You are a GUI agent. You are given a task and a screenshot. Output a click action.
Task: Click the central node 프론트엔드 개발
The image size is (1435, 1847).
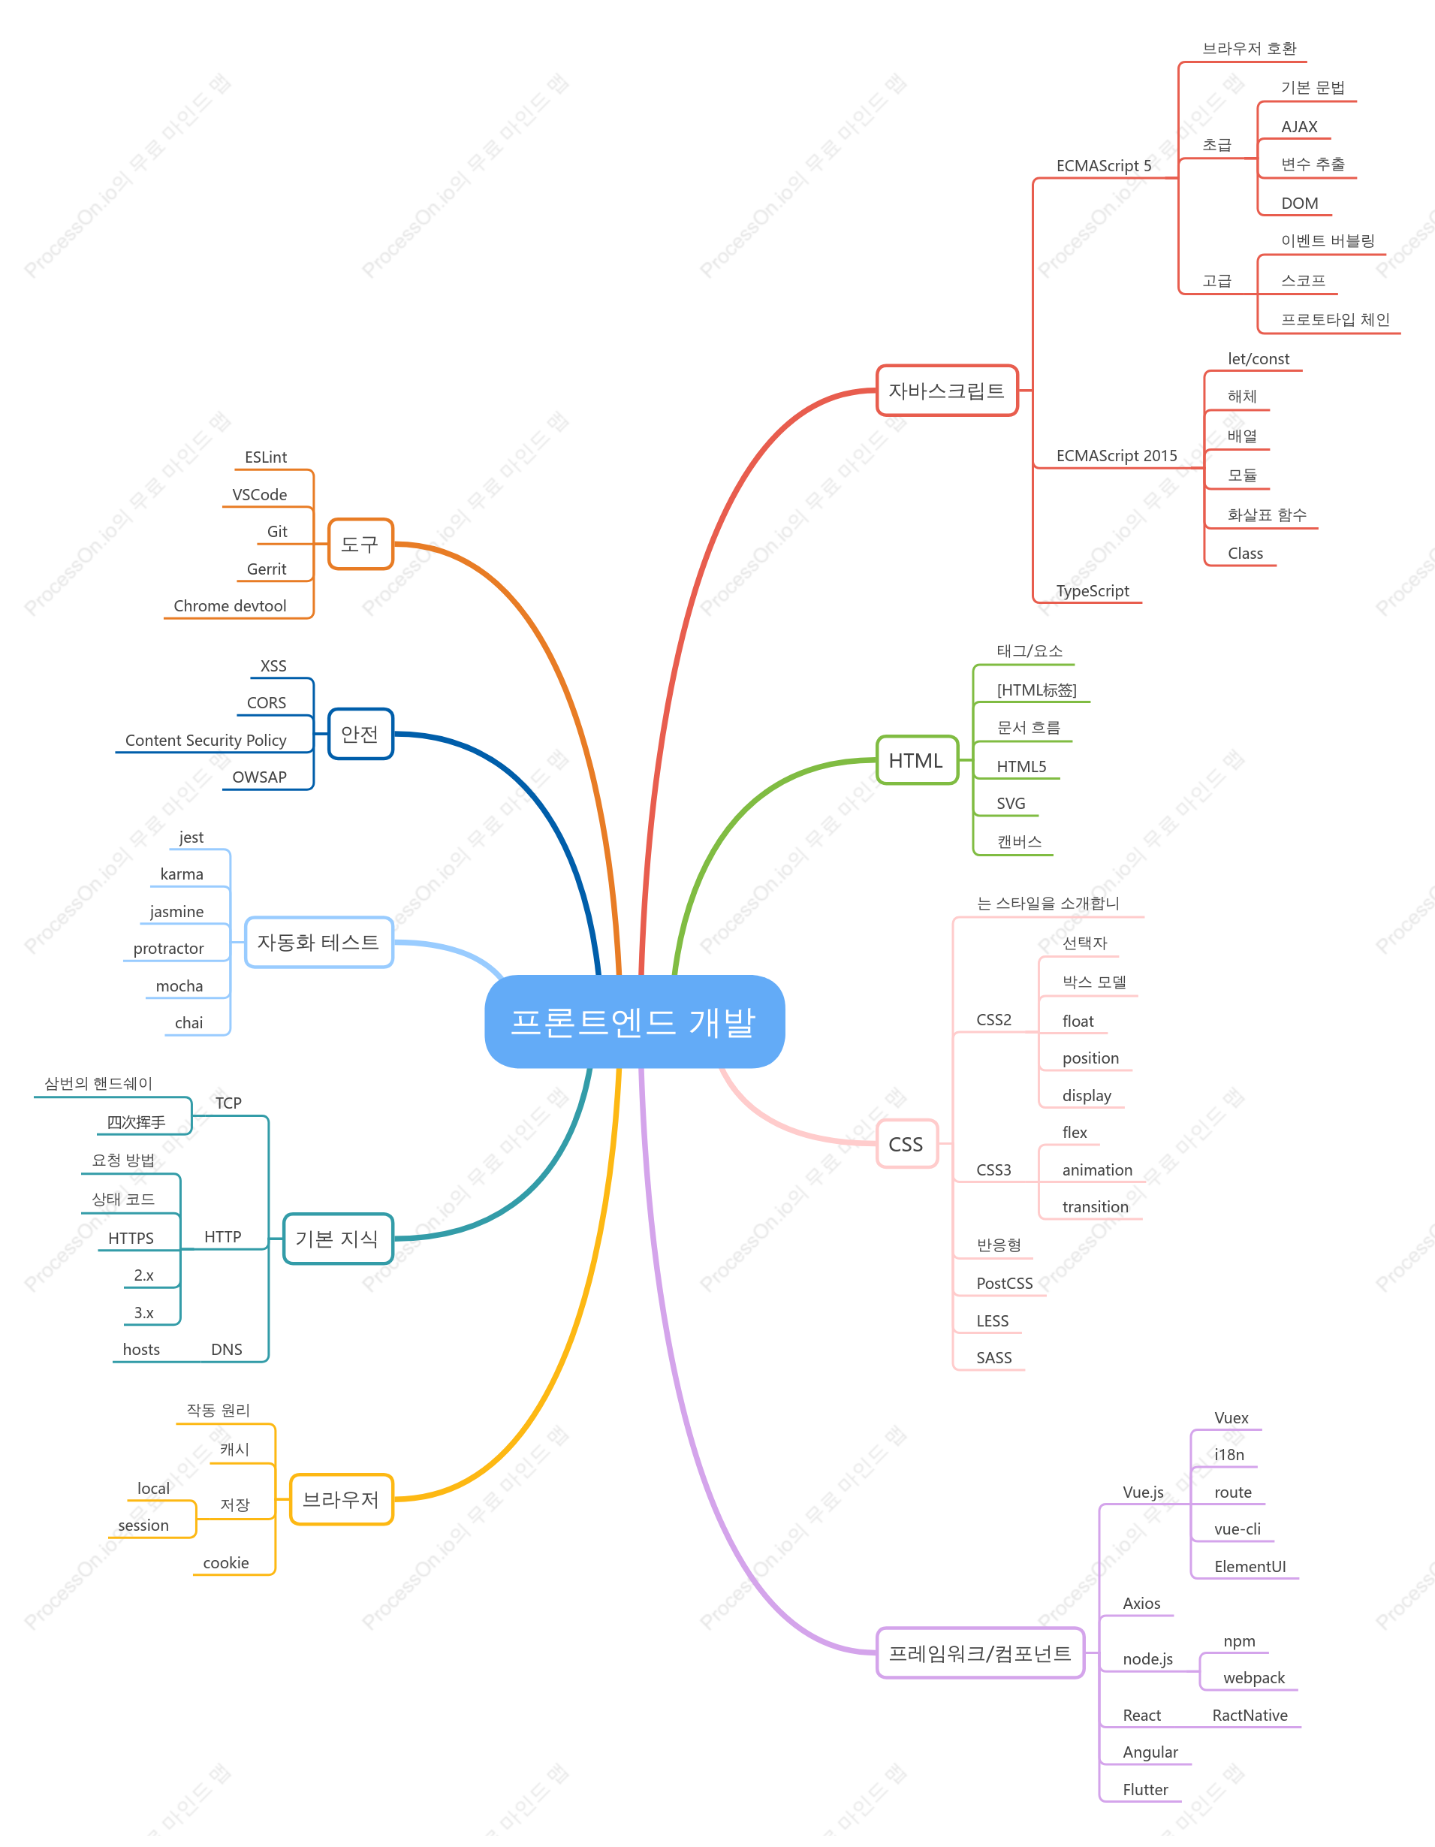coord(635,1022)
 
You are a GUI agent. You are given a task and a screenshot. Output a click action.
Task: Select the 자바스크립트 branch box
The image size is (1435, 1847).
coord(947,391)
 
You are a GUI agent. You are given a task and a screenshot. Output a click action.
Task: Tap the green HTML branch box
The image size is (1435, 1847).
coord(917,760)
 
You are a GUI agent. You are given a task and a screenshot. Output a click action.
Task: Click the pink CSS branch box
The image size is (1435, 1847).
coord(906,1144)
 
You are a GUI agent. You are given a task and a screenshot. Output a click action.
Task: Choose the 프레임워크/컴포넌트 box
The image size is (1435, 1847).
coord(980,1653)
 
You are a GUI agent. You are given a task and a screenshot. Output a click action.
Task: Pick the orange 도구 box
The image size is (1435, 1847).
coord(360,545)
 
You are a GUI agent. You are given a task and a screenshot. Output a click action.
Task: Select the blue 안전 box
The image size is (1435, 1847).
coord(360,734)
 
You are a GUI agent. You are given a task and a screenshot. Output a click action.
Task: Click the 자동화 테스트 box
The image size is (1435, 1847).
coord(319,942)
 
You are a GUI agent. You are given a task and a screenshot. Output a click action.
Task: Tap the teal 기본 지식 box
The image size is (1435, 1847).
coord(338,1239)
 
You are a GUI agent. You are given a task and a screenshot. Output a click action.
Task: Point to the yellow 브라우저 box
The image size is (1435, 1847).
coord(342,1499)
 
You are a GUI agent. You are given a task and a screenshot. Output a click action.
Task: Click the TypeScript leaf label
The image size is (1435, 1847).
coord(1093,591)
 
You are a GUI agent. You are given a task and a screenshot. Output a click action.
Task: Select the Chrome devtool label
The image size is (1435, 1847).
coord(230,606)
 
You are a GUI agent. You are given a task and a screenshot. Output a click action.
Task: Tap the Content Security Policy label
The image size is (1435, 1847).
coord(206,740)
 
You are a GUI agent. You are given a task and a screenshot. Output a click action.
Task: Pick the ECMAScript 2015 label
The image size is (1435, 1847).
coord(1116,456)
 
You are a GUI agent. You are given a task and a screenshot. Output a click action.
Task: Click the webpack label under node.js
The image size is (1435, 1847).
coord(1254,1678)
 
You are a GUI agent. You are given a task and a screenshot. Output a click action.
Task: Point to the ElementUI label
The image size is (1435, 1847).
coord(1250,1566)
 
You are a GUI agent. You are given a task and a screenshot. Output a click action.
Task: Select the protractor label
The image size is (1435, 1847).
coord(168,949)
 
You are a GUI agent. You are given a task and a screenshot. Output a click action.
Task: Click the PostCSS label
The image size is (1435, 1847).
coord(1005,1283)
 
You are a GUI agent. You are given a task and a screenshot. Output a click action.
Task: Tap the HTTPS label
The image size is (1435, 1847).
coord(131,1238)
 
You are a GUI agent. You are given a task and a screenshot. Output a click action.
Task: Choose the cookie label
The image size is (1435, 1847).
coord(226,1563)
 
